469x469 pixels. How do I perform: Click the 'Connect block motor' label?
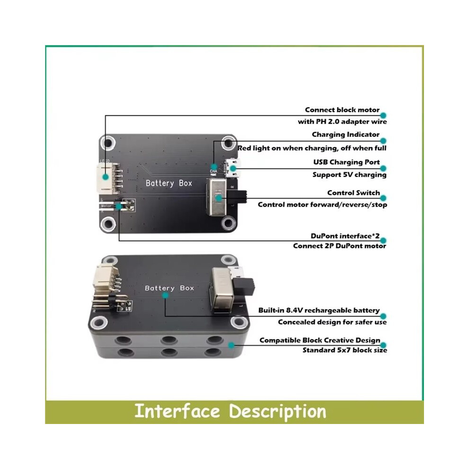pos(342,110)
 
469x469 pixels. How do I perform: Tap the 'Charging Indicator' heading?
pos(345,135)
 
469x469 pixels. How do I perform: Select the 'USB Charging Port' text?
pos(346,162)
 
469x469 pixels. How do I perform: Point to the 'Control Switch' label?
pos(353,193)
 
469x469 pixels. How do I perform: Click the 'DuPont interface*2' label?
pos(345,236)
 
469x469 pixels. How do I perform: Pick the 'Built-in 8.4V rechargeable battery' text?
pos(319,310)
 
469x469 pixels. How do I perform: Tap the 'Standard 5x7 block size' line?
pos(344,350)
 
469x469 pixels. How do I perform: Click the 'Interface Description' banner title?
pos(230,411)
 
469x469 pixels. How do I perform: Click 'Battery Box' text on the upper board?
pos(169,183)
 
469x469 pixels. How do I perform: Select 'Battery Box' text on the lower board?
pos(169,288)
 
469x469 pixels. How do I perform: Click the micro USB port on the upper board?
pos(233,168)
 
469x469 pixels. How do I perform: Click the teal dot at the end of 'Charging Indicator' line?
pos(383,141)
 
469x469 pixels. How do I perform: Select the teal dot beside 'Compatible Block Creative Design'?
pos(383,345)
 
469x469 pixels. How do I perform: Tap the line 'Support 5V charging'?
pos(349,175)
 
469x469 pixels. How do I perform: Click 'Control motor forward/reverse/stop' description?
pos(323,205)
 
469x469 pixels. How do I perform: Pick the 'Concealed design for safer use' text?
pos(332,322)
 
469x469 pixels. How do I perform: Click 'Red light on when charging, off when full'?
pos(312,148)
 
